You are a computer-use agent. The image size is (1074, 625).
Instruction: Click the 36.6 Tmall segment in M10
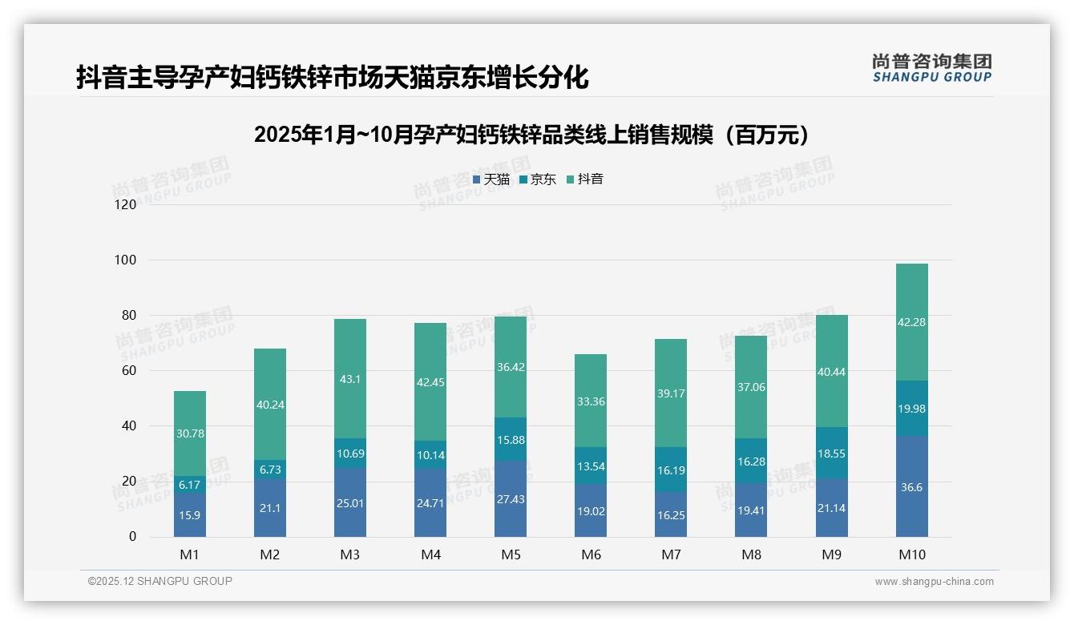pyautogui.click(x=911, y=486)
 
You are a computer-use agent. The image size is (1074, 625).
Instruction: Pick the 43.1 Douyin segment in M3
pyautogui.click(x=350, y=379)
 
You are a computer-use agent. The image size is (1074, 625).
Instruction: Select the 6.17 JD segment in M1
pyautogui.click(x=190, y=485)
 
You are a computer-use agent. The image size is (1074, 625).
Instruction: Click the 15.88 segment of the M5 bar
pyautogui.click(x=511, y=439)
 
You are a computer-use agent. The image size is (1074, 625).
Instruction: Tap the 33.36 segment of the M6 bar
pyautogui.click(x=591, y=401)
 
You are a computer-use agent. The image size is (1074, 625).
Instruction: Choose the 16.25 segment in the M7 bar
pyautogui.click(x=671, y=514)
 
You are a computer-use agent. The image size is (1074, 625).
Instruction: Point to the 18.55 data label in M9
pyautogui.click(x=831, y=453)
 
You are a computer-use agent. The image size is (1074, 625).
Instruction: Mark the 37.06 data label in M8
pyautogui.click(x=751, y=387)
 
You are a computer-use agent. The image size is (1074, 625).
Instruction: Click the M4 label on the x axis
pyautogui.click(x=430, y=554)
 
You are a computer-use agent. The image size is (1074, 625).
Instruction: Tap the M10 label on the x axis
pyautogui.click(x=911, y=554)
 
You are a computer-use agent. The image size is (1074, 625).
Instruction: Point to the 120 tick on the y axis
pyautogui.click(x=126, y=205)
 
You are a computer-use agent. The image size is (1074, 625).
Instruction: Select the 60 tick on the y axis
pyautogui.click(x=128, y=371)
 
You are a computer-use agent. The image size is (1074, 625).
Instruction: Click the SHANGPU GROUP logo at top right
pyautogui.click(x=931, y=68)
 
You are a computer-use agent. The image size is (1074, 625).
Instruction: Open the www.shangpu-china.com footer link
pyautogui.click(x=934, y=582)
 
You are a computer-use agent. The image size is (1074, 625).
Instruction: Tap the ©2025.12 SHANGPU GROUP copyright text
pyautogui.click(x=160, y=582)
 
